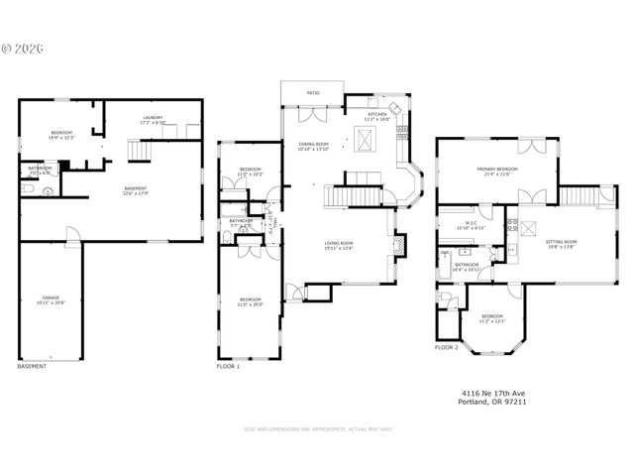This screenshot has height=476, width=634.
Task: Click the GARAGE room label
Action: [51, 298]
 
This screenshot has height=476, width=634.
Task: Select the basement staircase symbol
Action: [138, 150]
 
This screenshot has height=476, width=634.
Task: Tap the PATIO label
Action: [312, 95]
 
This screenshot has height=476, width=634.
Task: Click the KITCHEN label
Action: [377, 115]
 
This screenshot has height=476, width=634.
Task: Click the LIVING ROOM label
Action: [340, 244]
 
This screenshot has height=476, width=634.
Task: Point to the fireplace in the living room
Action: [398, 244]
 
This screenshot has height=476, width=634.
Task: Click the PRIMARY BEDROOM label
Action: [495, 171]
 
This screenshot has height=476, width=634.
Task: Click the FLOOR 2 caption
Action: [446, 348]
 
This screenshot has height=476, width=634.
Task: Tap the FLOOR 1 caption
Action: [228, 366]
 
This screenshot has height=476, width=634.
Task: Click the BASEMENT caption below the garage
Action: [31, 366]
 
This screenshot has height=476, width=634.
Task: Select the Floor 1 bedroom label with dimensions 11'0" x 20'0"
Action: [251, 301]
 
